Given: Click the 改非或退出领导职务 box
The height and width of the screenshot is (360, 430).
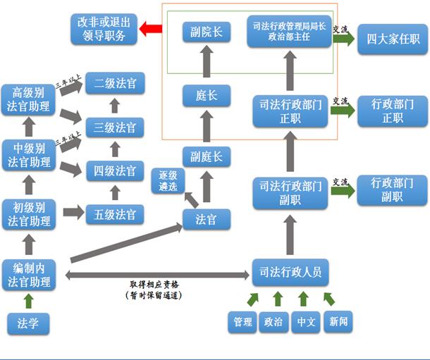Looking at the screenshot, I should click(x=102, y=29).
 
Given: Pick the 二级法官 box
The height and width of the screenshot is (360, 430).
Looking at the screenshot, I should click(x=115, y=84).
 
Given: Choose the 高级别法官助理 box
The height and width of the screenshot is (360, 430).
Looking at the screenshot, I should click(x=29, y=99).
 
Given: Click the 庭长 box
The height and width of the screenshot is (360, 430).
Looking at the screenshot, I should click(x=206, y=94).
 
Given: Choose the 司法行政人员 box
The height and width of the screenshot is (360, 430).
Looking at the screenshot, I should click(x=291, y=272).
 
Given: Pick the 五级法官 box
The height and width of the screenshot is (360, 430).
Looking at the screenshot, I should click(x=115, y=213).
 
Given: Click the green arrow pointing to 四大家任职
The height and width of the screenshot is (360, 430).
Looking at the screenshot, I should click(x=343, y=38).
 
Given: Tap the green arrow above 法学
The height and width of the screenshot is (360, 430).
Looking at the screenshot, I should click(x=28, y=301).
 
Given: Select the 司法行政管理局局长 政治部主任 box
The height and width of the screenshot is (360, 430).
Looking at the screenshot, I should click(x=289, y=32).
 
